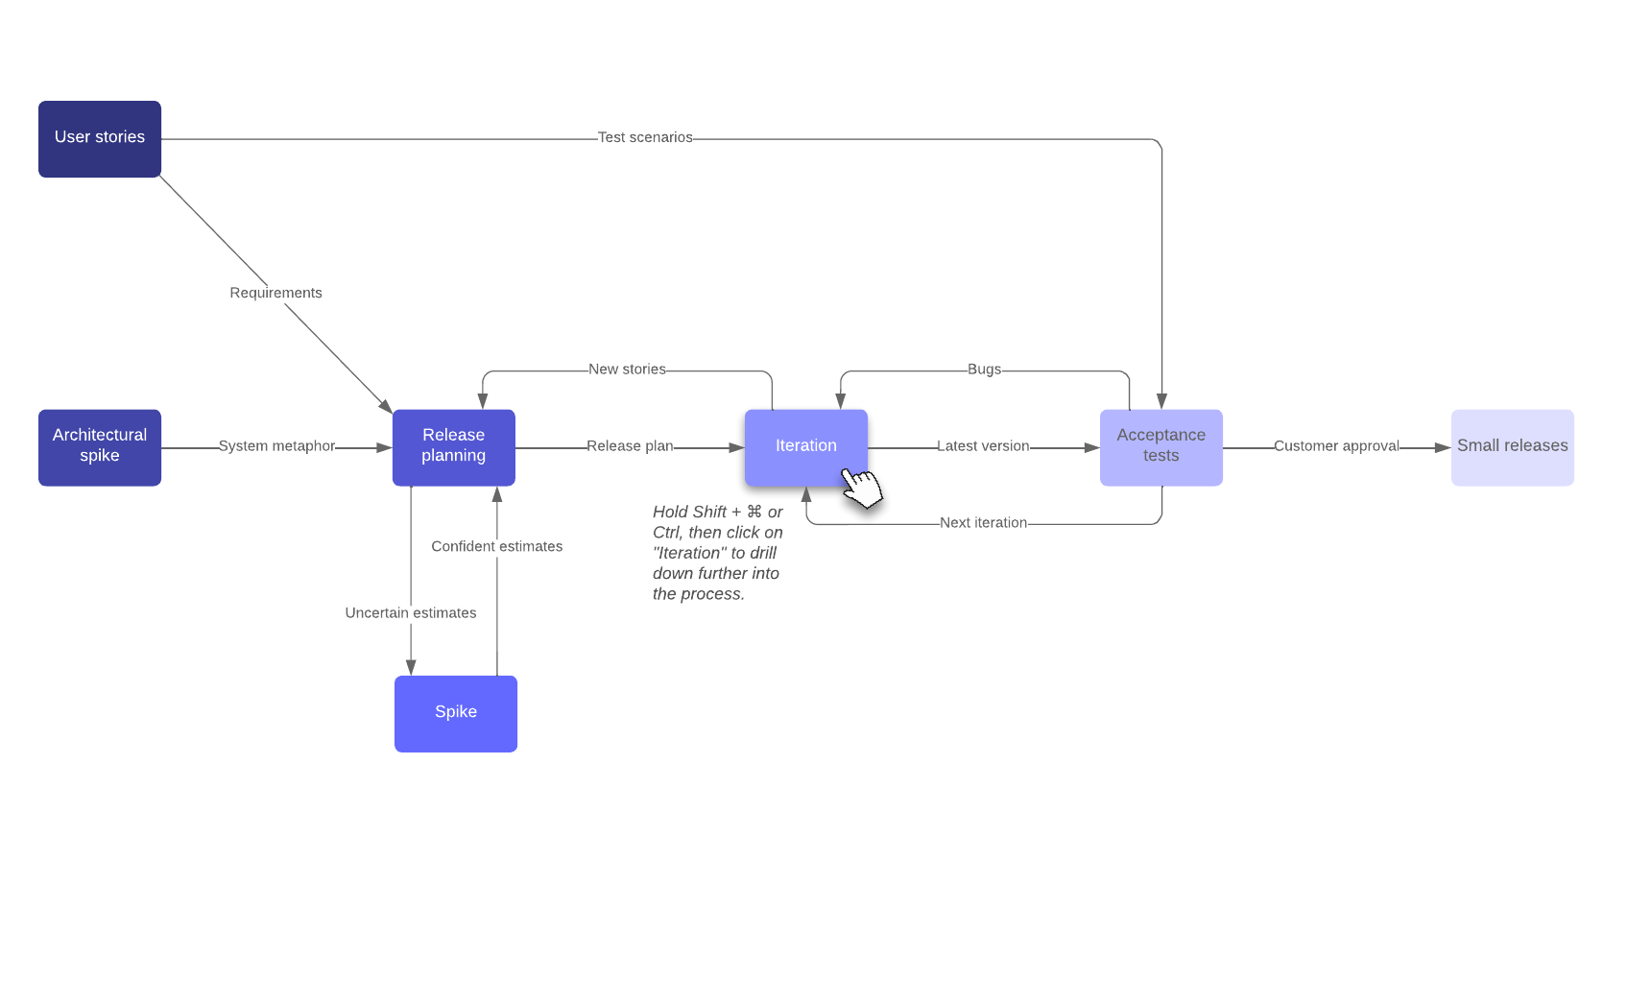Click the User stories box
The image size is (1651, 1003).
[100, 138]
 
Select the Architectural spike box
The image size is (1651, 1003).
[100, 447]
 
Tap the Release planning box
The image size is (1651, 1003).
[453, 447]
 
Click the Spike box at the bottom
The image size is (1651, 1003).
[455, 713]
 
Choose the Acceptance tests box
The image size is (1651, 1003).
[1160, 447]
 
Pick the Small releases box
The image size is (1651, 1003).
[1512, 447]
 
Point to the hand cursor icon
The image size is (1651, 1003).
[861, 488]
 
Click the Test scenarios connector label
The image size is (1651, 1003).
[644, 137]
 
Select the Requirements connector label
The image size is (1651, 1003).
[275, 293]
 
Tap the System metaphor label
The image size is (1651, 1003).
[276, 446]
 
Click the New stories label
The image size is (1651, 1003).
[627, 370]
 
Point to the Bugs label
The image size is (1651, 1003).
[984, 370]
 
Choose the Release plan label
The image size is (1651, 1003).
[630, 446]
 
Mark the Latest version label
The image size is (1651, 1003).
[983, 446]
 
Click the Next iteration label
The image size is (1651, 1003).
[983, 523]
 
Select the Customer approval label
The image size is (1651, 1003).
[1336, 446]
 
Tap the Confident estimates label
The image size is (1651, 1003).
[496, 546]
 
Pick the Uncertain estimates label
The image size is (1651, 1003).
[410, 613]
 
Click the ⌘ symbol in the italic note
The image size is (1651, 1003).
[754, 512]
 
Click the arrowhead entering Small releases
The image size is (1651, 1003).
[1443, 447]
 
